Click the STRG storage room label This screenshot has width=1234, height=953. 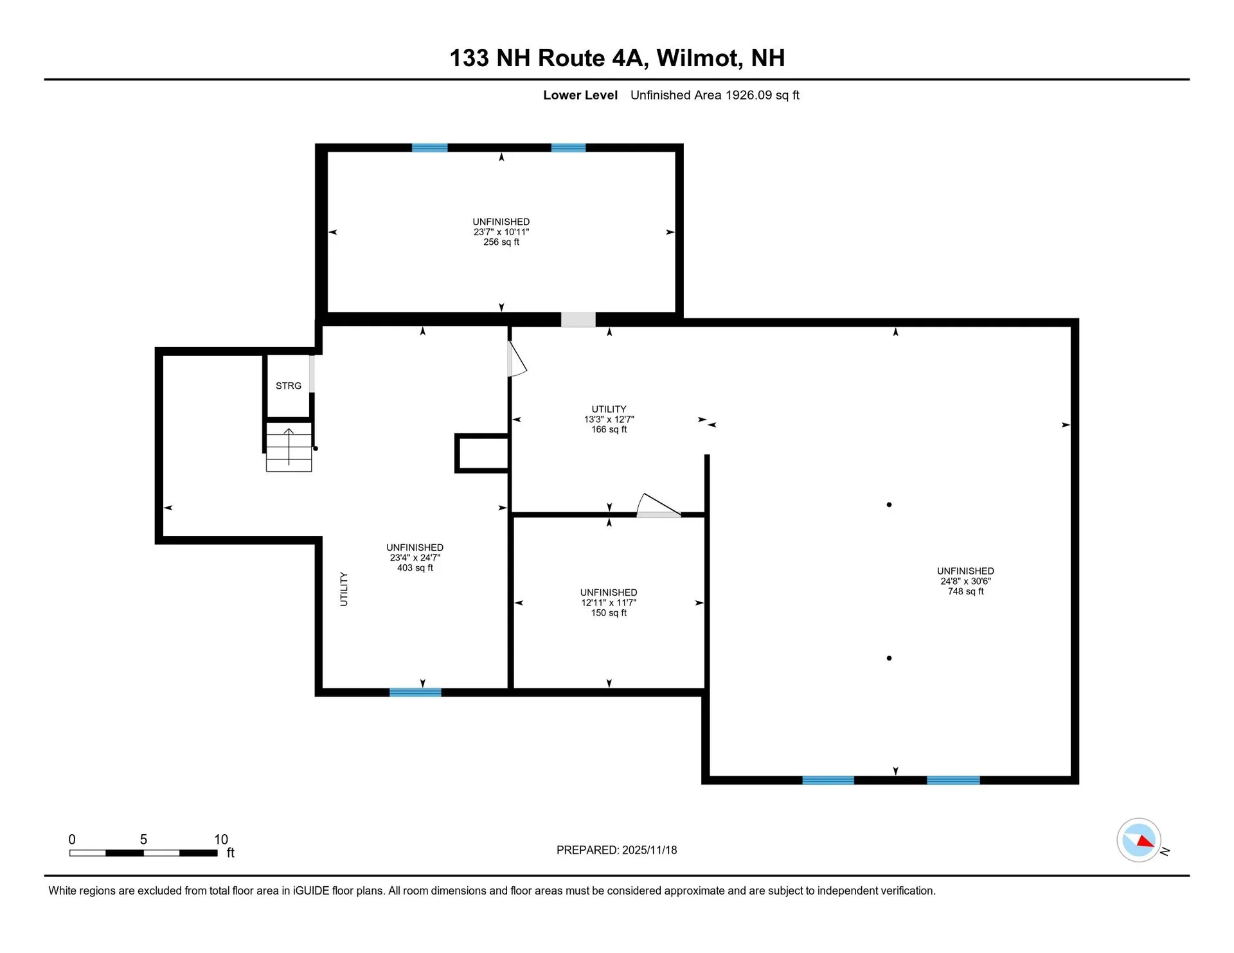pos(288,386)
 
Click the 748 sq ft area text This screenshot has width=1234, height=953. pos(965,591)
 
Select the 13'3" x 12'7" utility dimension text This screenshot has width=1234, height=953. pos(609,419)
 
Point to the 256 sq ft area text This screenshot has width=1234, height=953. pos(501,242)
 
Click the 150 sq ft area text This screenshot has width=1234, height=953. pos(609,613)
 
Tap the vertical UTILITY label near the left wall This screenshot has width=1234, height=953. pos(344,589)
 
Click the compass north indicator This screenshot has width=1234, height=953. pos(1139,840)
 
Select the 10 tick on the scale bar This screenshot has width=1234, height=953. pos(220,839)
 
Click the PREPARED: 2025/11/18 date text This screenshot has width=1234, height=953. pos(616,850)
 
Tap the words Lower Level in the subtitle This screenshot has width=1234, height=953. pos(580,95)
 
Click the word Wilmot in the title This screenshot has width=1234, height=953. pos(697,58)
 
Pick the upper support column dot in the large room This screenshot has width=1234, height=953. pos(889,504)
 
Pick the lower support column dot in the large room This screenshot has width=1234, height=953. pos(889,658)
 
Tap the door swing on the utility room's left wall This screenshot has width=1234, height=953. pos(516,360)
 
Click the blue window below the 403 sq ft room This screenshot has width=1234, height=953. pos(415,692)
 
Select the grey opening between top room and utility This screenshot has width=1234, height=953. pos(578,319)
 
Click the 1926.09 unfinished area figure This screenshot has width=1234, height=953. pos(748,95)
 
